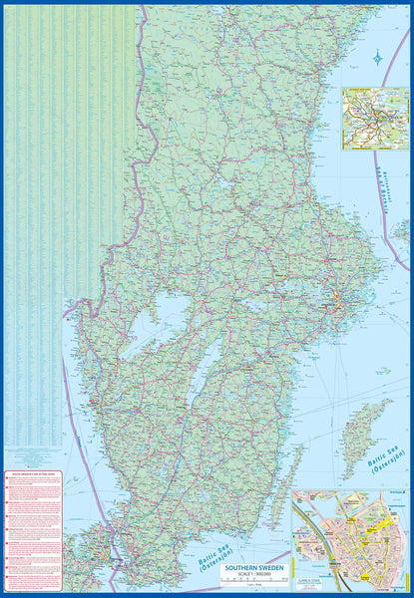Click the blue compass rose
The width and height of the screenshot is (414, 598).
[377, 59]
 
